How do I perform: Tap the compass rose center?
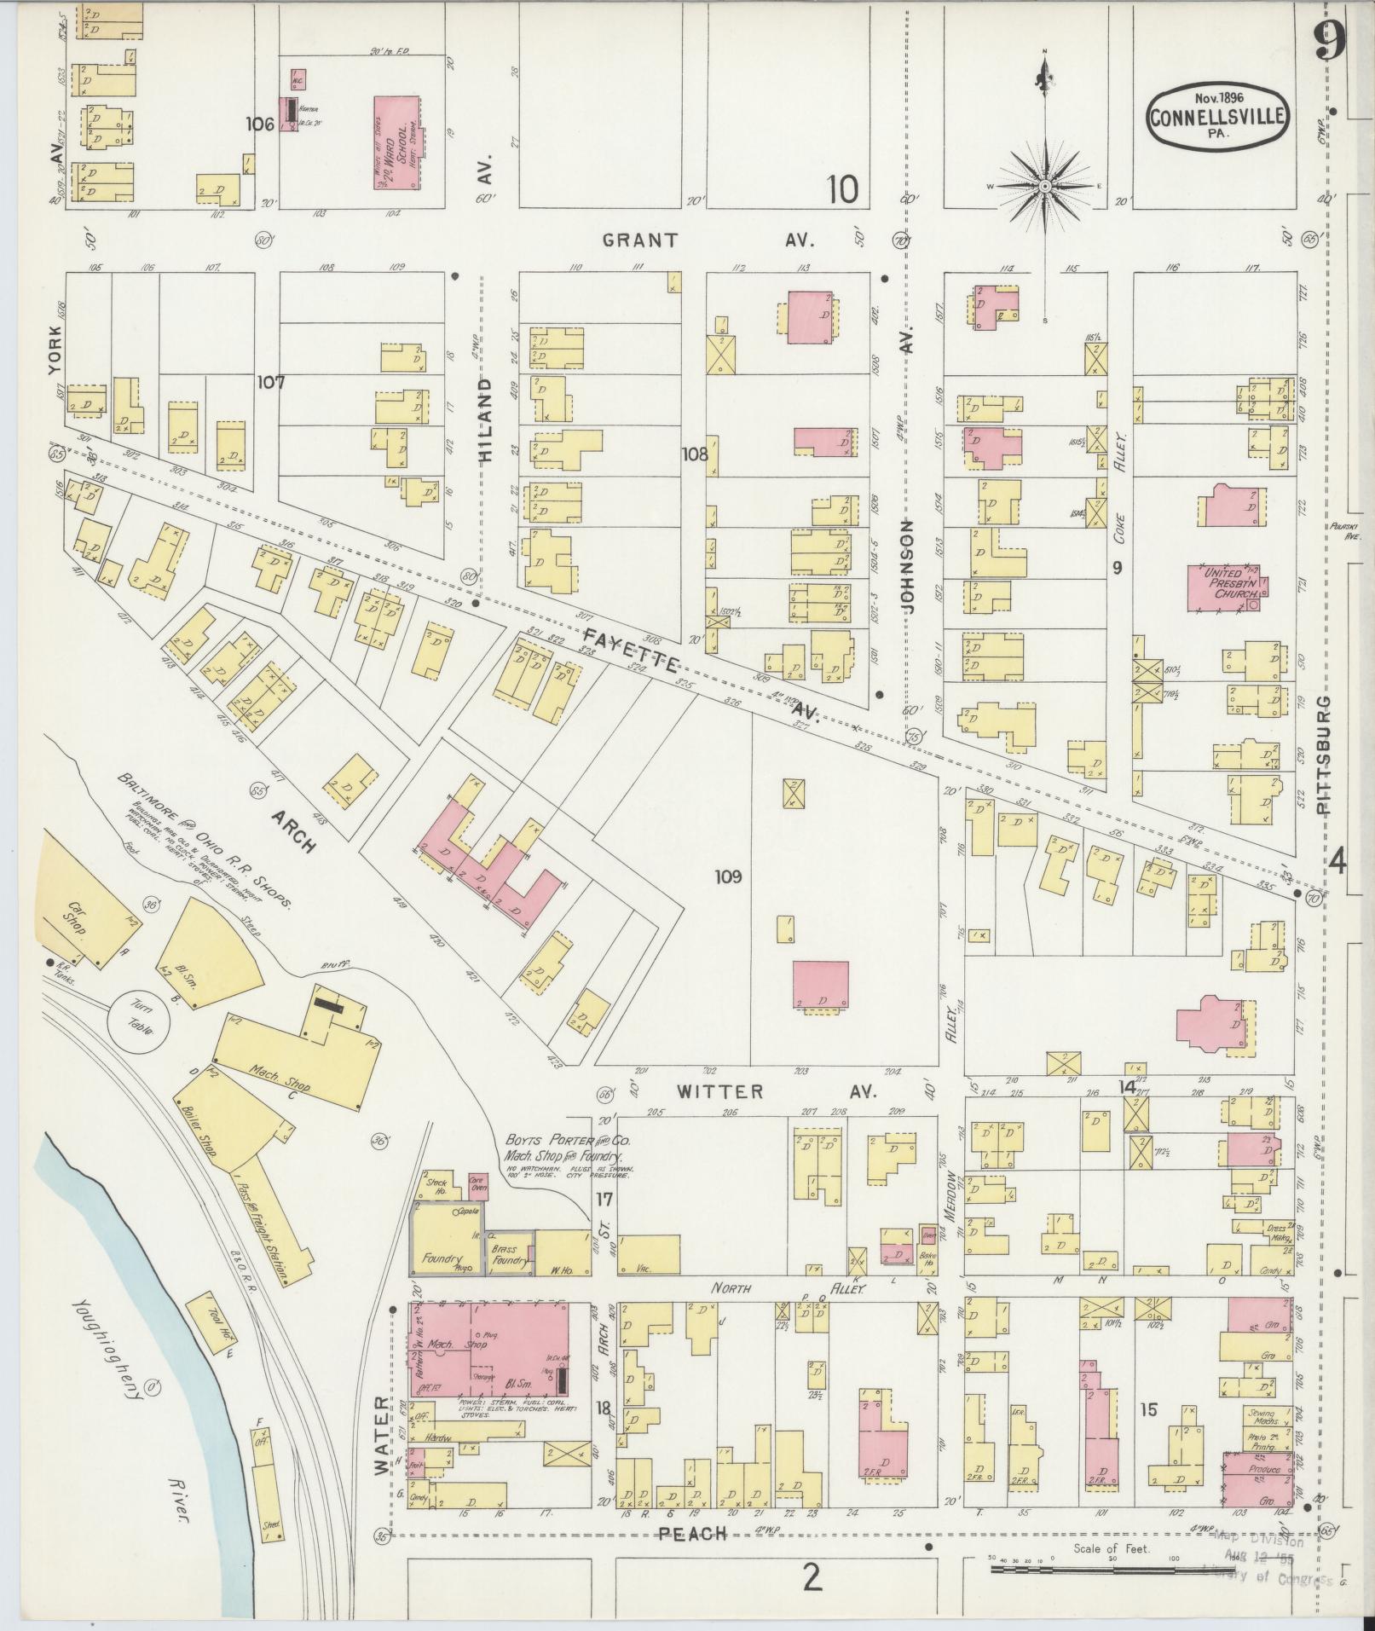pyautogui.click(x=1044, y=185)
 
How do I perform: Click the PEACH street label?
pyautogui.click(x=693, y=1533)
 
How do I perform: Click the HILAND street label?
pyautogui.click(x=485, y=420)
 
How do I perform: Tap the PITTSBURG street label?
pyautogui.click(x=1323, y=755)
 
